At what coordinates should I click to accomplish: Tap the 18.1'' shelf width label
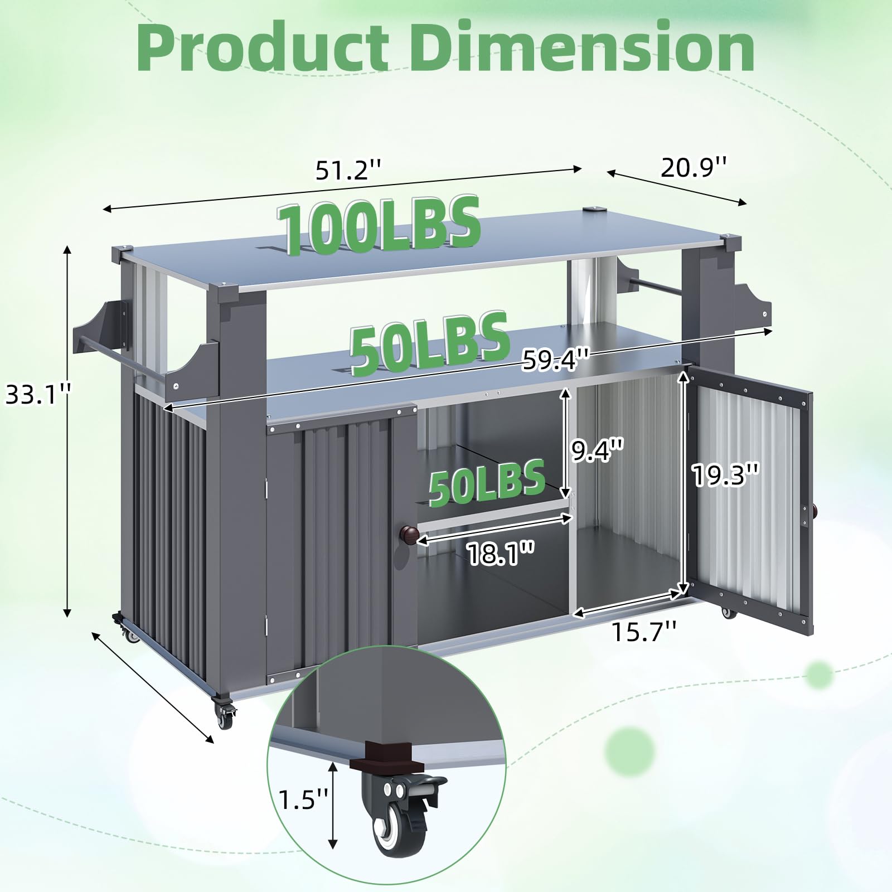(500, 554)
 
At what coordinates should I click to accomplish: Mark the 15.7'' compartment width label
(645, 632)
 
